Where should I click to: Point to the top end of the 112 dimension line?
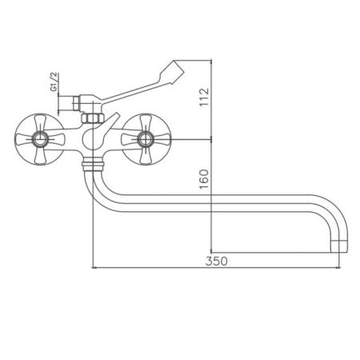[211, 59]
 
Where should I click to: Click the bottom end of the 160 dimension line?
[211, 249]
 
